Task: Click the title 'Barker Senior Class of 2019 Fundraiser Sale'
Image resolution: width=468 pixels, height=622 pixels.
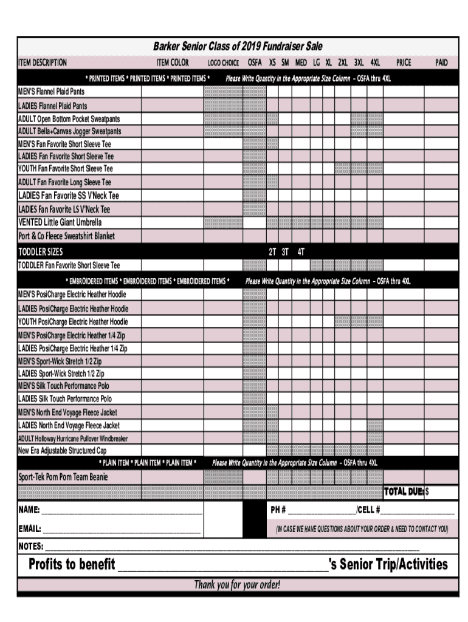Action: pyautogui.click(x=238, y=47)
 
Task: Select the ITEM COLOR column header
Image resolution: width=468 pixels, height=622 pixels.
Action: pyautogui.click(x=173, y=63)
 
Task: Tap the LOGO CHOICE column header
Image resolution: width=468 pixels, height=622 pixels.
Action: pyautogui.click(x=223, y=63)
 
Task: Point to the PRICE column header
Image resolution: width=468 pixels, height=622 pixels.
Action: pyautogui.click(x=404, y=63)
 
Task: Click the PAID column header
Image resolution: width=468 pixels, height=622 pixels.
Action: pyautogui.click(x=441, y=63)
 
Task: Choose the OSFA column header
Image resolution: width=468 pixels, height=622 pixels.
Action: pyautogui.click(x=255, y=63)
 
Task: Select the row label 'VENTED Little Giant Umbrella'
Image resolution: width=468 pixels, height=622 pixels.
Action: pyautogui.click(x=60, y=222)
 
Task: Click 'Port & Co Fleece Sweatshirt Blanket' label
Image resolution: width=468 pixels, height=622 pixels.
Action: pyautogui.click(x=66, y=236)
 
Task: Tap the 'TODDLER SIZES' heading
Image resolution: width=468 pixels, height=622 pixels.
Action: pyautogui.click(x=41, y=251)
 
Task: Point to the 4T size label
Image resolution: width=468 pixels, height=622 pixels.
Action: pyautogui.click(x=301, y=251)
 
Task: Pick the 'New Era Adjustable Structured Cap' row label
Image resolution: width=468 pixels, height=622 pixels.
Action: pyautogui.click(x=62, y=451)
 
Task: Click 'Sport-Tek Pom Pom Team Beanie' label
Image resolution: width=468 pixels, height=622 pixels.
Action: pyautogui.click(x=63, y=477)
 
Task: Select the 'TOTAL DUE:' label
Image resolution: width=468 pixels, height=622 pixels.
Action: pyautogui.click(x=404, y=492)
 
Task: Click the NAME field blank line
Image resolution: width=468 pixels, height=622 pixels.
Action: pyautogui.click(x=122, y=510)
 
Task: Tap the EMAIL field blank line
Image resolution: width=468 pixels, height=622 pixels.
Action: pyautogui.click(x=122, y=529)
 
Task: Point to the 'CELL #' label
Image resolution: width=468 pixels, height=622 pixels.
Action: pyautogui.click(x=368, y=510)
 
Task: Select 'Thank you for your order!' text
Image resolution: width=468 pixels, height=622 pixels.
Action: pyautogui.click(x=237, y=585)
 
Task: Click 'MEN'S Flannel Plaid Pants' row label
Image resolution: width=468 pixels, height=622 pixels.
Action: pyautogui.click(x=52, y=92)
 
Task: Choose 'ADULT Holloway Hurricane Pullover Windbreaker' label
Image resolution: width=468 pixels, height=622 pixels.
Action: pyautogui.click(x=73, y=438)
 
